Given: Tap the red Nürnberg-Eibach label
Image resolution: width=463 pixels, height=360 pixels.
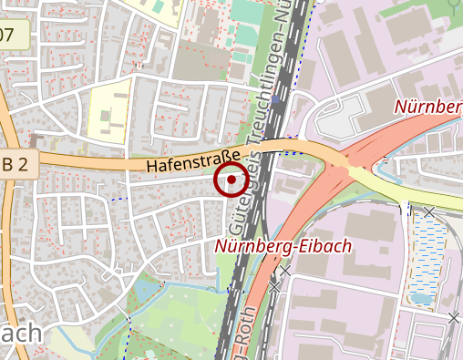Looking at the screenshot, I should pos(283,246).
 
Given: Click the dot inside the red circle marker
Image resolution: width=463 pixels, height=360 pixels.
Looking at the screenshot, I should pos(231,180).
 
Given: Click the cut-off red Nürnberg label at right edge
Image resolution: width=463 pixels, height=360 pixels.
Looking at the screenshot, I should pos(428,107).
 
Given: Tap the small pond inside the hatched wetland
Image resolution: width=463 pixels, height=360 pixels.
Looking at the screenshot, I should pos(421,297).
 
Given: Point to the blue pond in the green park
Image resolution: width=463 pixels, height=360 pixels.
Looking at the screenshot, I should pos(146,292).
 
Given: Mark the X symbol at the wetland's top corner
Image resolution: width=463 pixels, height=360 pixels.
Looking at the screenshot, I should pos(428,211).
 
